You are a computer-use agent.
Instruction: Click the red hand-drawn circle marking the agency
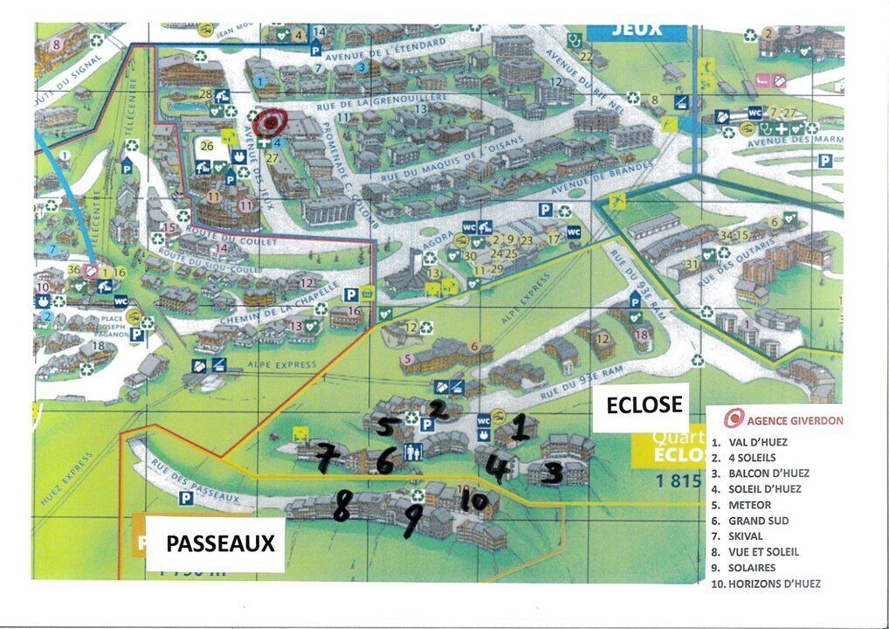pyautogui.click(x=270, y=122)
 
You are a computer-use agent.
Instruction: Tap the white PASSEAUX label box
pyautogui.click(x=220, y=543)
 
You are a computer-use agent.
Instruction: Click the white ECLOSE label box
pyautogui.click(x=640, y=405)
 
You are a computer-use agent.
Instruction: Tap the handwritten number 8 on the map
pyautogui.click(x=341, y=506)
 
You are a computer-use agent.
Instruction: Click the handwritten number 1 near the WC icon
pyautogui.click(x=519, y=427)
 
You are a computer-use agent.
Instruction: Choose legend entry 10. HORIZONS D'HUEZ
pyautogui.click(x=766, y=584)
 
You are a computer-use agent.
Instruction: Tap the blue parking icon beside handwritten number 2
pyautogui.click(x=427, y=425)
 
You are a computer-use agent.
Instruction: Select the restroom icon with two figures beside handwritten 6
pyautogui.click(x=413, y=452)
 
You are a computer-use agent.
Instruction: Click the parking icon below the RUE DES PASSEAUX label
pyautogui.click(x=185, y=498)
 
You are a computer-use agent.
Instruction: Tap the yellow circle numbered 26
pyautogui.click(x=207, y=146)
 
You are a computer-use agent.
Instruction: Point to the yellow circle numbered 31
pyautogui.click(x=693, y=264)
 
